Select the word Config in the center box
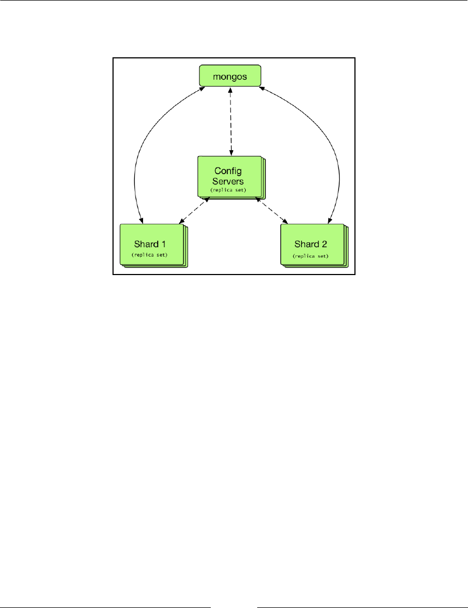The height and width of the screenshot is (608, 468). tap(229, 170)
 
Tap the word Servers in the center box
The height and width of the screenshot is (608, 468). tap(229, 180)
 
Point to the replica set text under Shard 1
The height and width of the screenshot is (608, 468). tap(149, 255)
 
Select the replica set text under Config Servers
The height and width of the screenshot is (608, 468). tap(229, 189)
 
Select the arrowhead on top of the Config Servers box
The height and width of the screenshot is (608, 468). tap(231, 153)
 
